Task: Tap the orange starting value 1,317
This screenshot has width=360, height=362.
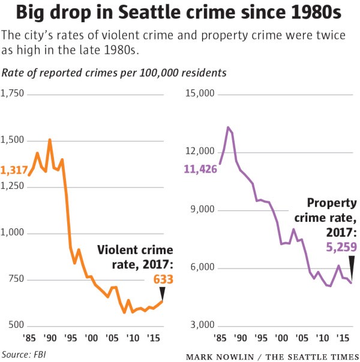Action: coord(14,171)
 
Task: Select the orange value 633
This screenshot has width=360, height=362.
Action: coord(163,279)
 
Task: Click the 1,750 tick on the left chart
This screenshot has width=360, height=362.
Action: coord(13,93)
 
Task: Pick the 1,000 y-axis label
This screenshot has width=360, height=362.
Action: coord(13,233)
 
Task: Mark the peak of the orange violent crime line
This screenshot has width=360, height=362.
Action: coord(49,140)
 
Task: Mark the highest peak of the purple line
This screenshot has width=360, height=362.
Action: coord(228,127)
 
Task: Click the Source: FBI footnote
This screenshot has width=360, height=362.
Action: coord(23,353)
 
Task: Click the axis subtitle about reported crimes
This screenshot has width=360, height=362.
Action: coord(114,73)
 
